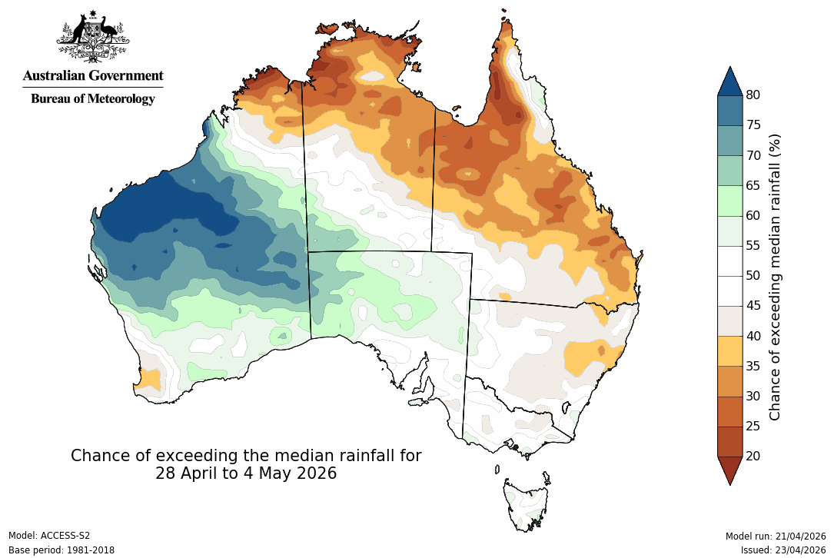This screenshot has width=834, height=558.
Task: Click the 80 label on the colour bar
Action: pyautogui.click(x=753, y=95)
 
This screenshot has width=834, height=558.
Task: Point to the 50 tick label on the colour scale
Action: pyautogui.click(x=753, y=275)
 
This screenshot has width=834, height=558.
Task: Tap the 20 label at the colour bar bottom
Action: pyautogui.click(x=753, y=456)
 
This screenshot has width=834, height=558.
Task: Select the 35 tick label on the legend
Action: pyautogui.click(x=753, y=366)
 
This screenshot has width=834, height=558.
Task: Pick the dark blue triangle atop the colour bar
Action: pyautogui.click(x=730, y=81)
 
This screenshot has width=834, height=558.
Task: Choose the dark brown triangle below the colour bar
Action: pyautogui.click(x=730, y=470)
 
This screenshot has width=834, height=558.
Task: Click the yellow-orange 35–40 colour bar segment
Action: pyautogui.click(x=730, y=350)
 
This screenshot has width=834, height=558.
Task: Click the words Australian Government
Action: pyautogui.click(x=93, y=75)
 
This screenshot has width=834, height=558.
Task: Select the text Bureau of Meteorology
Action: pyautogui.click(x=93, y=98)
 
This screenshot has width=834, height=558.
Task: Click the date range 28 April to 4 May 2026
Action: pyautogui.click(x=246, y=473)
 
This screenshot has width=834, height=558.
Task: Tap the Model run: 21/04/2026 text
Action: pyautogui.click(x=775, y=536)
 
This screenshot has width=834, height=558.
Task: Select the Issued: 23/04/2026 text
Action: pyautogui.click(x=782, y=550)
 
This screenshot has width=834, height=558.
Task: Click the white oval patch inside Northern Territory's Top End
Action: pyautogui.click(x=374, y=76)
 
